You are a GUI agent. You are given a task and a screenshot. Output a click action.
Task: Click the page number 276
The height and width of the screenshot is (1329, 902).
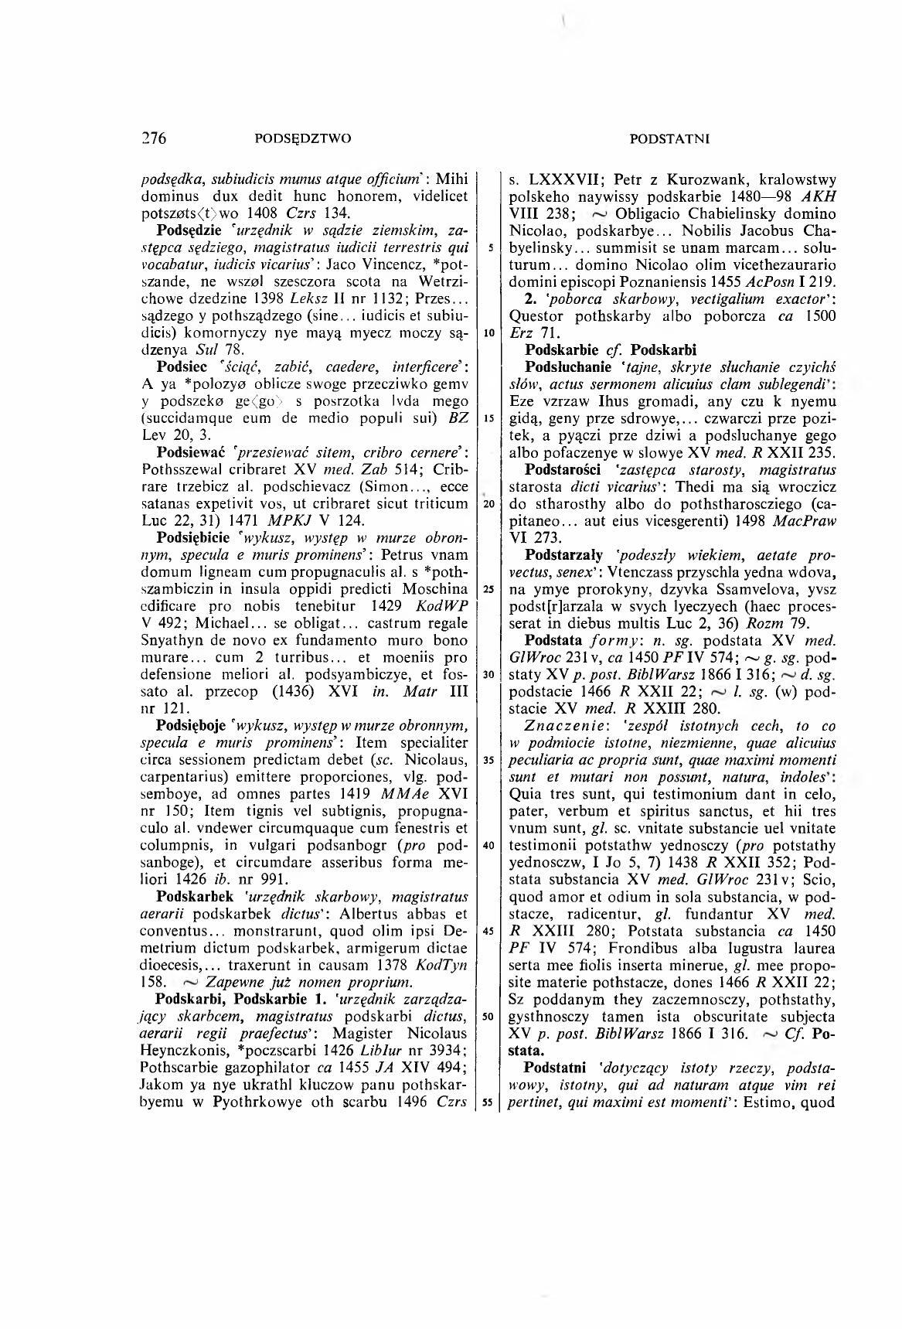pyautogui.click(x=155, y=139)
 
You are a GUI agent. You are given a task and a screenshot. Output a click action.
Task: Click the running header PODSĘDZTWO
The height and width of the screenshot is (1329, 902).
pyautogui.click(x=302, y=139)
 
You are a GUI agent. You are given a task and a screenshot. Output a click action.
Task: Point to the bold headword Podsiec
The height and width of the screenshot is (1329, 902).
pyautogui.click(x=183, y=364)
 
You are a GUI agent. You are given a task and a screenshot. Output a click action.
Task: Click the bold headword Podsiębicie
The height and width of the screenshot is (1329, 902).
pyautogui.click(x=196, y=537)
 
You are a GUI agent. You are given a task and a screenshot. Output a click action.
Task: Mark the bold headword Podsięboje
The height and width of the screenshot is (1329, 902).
pyautogui.click(x=194, y=726)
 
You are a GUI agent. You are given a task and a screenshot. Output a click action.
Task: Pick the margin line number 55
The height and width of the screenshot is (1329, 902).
pyautogui.click(x=489, y=1103)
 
